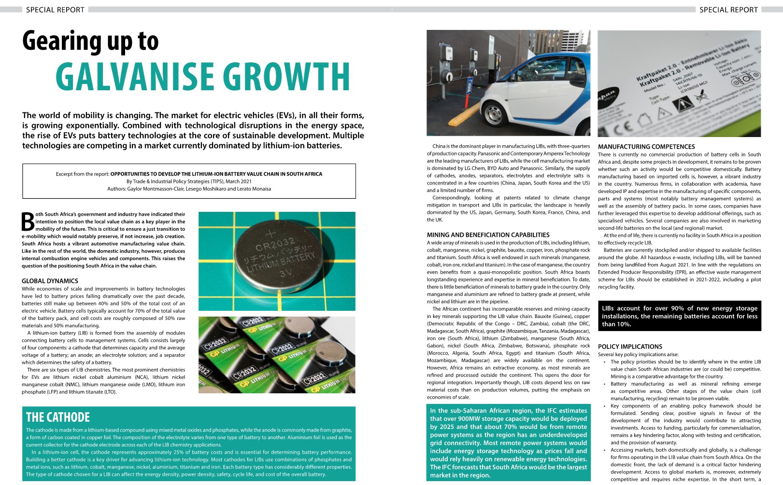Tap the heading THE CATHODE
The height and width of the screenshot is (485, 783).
(58, 417)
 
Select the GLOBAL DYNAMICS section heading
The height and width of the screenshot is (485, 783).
(50, 281)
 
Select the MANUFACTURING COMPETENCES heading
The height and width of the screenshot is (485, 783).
(646, 147)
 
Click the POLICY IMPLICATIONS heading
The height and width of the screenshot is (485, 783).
(630, 346)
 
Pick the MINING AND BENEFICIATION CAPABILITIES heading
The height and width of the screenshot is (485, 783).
(488, 235)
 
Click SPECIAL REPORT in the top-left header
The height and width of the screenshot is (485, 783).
(55, 10)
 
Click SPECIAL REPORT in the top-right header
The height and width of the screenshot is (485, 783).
(728, 10)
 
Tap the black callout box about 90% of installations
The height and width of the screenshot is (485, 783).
(679, 316)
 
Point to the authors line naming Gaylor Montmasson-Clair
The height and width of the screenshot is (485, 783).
(189, 189)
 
